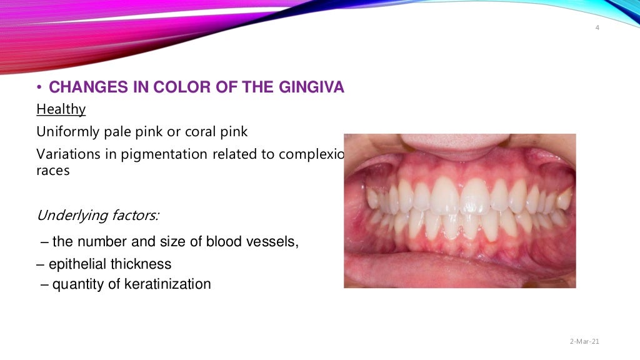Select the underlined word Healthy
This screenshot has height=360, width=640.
click(x=61, y=109)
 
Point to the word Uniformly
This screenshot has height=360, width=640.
click(x=66, y=132)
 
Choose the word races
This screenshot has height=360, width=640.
click(x=52, y=171)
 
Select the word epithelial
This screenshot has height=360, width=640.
click(x=75, y=264)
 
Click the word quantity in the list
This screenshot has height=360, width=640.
click(x=76, y=285)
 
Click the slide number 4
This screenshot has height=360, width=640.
click(x=597, y=27)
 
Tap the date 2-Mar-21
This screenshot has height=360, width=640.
click(x=584, y=341)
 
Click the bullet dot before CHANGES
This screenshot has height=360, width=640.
click(x=39, y=88)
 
